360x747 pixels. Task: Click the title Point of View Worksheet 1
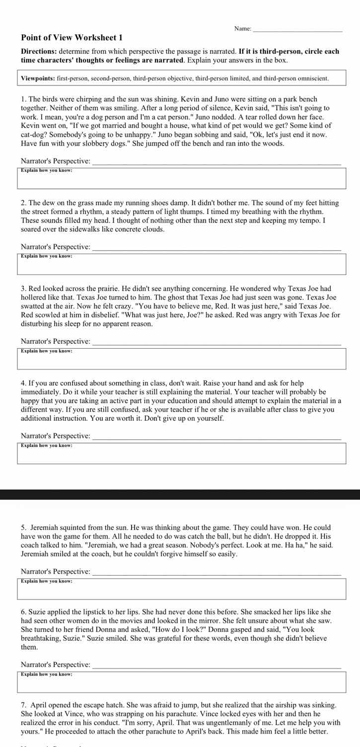pyautogui.click(x=72, y=38)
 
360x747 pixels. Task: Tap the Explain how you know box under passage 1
pyautogui.click(x=182, y=178)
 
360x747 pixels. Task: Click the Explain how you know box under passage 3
pyautogui.click(x=182, y=359)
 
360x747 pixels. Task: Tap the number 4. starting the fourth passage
pyautogui.click(x=23, y=383)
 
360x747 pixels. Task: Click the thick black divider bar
pyautogui.click(x=180, y=494)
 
